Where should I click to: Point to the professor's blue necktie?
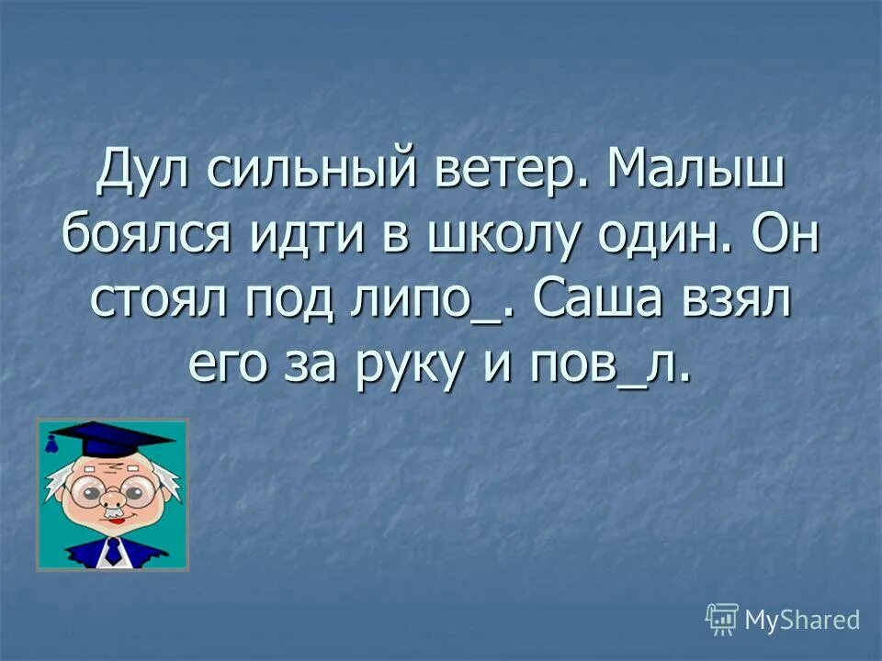[112, 552]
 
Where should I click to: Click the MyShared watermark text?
[801, 621]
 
